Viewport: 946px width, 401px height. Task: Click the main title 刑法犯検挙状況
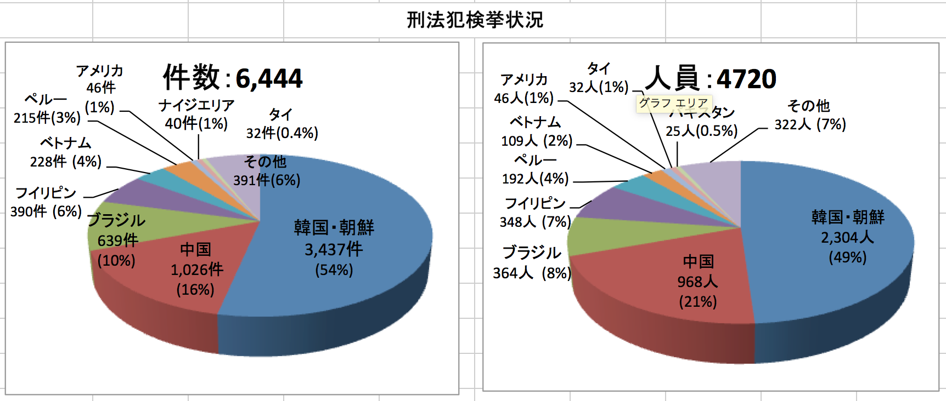pos(475,20)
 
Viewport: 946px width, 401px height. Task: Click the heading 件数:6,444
pos(233,78)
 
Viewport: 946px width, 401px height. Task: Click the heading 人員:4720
pos(711,79)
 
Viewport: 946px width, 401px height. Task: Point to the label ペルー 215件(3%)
pos(47,108)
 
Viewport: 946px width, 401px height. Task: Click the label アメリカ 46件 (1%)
pos(100,88)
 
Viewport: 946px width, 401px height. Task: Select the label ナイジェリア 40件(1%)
pos(196,114)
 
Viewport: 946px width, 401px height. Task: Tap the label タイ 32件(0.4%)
pos(281,124)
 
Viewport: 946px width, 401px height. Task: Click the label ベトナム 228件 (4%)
pos(66,152)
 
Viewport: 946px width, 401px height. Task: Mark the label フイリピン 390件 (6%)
pos(46,202)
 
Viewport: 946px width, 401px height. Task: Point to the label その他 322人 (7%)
pos(810,115)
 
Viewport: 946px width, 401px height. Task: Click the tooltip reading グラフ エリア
pos(673,103)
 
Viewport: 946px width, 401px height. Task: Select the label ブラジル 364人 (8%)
pos(531,262)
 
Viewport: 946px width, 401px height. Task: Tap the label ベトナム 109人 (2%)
pos(536,131)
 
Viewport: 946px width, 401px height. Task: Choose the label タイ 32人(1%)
pos(599,78)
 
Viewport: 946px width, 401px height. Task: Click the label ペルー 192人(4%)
pos(535,169)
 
